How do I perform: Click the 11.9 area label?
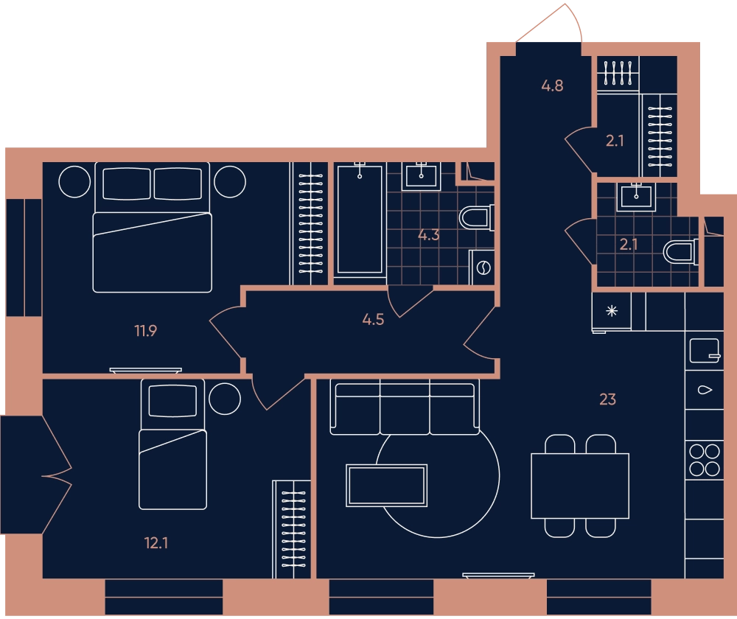coord(146,331)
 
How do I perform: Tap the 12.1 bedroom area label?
coord(156,543)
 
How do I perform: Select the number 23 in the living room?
coord(608,399)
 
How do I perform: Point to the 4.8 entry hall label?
coord(552,85)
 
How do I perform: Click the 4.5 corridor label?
coord(373,320)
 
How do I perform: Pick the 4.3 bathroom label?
coord(429,235)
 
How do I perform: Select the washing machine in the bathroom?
coord(482,267)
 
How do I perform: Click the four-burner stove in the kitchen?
coord(705,460)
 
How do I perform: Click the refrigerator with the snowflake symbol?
coord(612,311)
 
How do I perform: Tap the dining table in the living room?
coord(580,486)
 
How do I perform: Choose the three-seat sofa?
coord(405,408)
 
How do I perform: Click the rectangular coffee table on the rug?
coord(386,486)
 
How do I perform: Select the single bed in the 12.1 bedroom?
coord(172,444)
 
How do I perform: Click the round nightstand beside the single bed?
coord(225,399)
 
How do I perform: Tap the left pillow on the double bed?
coord(127,183)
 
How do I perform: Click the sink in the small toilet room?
coord(636,197)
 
